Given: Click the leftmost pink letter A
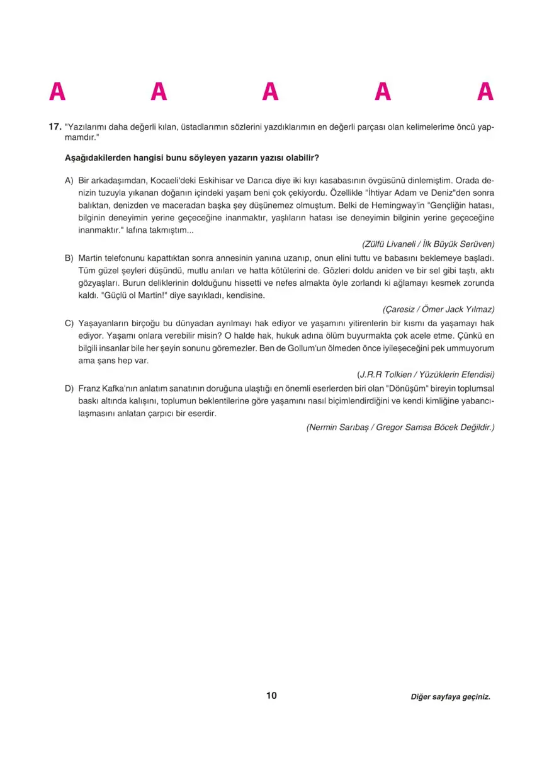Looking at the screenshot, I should [57, 93].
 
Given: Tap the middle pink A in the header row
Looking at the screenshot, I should [271, 93].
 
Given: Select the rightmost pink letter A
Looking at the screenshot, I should [485, 93].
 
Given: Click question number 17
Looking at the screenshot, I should [55, 127].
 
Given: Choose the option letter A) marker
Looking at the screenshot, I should [69, 181].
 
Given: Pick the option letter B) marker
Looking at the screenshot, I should [69, 258].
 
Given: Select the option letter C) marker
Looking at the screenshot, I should [69, 323].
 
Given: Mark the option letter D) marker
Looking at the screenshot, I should [69, 388].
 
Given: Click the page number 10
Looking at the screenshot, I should [271, 696].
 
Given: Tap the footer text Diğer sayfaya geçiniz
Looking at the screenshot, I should [450, 697].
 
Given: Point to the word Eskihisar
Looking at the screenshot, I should [220, 181].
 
